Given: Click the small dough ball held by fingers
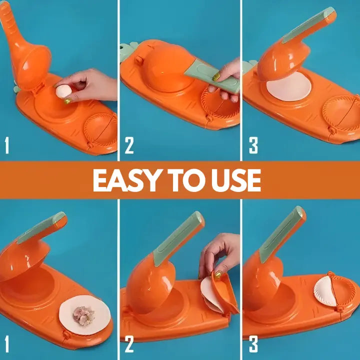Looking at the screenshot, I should [63, 91].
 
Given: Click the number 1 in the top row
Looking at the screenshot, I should [7, 145].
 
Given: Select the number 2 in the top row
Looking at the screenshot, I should [129, 145].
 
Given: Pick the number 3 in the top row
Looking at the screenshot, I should [253, 145].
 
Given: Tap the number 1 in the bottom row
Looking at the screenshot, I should [7, 345].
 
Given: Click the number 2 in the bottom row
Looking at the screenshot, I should [129, 345].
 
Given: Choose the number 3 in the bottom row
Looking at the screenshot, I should [253, 345].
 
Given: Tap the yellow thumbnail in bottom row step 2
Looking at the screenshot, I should [218, 274].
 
